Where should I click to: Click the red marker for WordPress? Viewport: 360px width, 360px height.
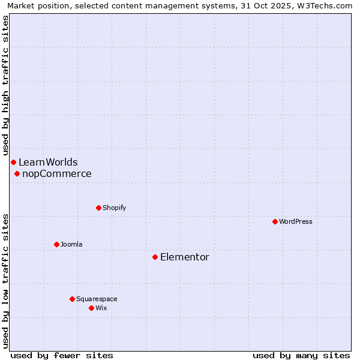(x=275, y=221)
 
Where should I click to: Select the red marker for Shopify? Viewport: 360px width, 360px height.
(x=98, y=208)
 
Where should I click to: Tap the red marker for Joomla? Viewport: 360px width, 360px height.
(x=56, y=244)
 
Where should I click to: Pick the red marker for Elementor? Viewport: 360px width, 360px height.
(x=155, y=257)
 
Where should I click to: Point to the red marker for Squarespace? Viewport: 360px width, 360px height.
(x=72, y=299)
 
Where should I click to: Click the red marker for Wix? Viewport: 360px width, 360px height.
(x=91, y=308)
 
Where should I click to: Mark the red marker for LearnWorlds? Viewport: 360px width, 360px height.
(x=13, y=162)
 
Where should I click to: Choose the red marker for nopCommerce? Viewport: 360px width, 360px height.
(x=17, y=173)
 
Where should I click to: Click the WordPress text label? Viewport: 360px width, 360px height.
(x=296, y=221)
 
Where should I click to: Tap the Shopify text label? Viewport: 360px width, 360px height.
(x=115, y=208)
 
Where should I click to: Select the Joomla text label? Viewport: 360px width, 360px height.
(x=71, y=244)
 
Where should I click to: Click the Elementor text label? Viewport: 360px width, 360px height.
(x=185, y=257)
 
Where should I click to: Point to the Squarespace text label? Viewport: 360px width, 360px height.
(x=97, y=299)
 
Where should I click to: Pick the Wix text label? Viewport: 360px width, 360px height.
(x=101, y=308)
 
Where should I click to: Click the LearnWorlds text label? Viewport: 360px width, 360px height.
(x=48, y=162)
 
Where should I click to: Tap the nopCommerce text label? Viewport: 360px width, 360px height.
(x=57, y=173)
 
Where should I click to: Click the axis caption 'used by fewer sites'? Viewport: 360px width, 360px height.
(x=62, y=355)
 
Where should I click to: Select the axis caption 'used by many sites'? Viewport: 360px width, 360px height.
(x=301, y=355)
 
